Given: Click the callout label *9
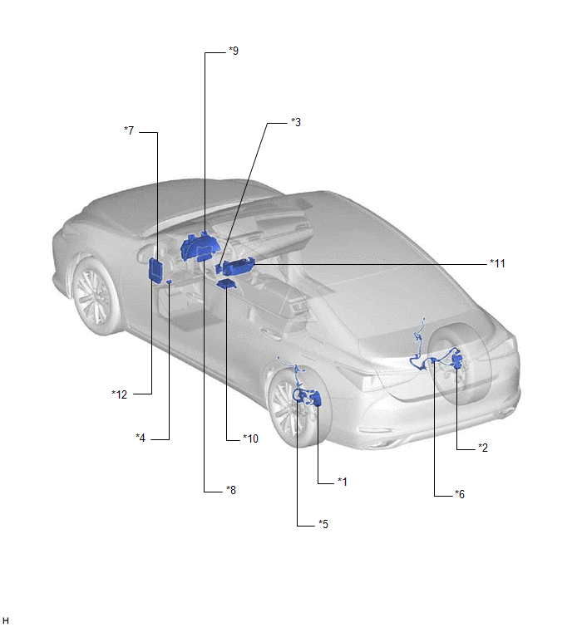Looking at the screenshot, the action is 234,51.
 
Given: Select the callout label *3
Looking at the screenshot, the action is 296,122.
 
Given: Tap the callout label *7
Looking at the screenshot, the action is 129,130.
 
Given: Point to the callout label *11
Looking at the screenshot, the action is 497,263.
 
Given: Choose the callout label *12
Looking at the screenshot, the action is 119,394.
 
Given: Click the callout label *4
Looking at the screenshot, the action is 141,438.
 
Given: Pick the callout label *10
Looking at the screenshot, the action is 250,438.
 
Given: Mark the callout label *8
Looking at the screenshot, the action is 231,489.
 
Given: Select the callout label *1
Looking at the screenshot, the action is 343,482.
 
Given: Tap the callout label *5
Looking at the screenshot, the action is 323,524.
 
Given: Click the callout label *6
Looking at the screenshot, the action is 460,494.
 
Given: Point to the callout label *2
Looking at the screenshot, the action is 483,448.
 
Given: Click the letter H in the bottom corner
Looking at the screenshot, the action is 5,620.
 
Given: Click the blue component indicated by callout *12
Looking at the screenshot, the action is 155,270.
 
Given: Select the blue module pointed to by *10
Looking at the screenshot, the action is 226,284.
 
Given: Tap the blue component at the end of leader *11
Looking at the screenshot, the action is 238,267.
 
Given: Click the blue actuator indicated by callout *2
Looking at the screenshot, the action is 456,360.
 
